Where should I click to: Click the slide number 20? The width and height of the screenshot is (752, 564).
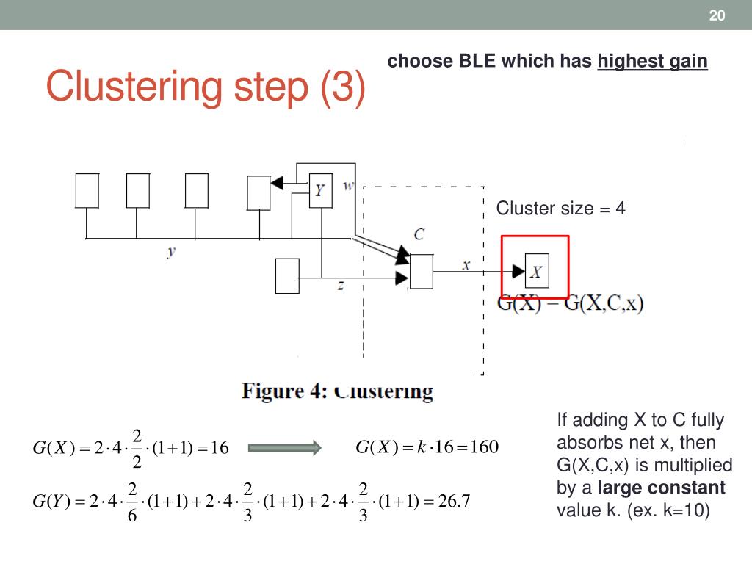717,16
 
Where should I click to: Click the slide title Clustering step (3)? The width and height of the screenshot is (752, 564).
205,87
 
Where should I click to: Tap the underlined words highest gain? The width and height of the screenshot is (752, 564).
653,62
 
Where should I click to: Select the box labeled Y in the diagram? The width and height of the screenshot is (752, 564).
320,191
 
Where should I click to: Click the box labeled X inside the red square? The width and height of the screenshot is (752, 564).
537,272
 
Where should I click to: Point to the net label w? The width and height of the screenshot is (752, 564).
349,185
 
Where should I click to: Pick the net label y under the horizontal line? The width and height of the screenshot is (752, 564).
171,252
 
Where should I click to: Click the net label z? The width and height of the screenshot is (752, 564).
340,286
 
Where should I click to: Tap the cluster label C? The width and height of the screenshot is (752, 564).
419,234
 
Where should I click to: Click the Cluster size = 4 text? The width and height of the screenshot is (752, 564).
561,209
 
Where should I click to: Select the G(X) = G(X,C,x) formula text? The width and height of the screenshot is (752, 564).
571,303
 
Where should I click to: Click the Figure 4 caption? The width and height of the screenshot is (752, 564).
338,391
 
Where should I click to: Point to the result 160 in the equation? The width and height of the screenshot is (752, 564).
485,446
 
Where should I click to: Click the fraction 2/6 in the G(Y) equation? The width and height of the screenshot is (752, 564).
133,502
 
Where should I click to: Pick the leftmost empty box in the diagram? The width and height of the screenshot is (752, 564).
87,191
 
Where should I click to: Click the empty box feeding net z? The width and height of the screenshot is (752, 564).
286,276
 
